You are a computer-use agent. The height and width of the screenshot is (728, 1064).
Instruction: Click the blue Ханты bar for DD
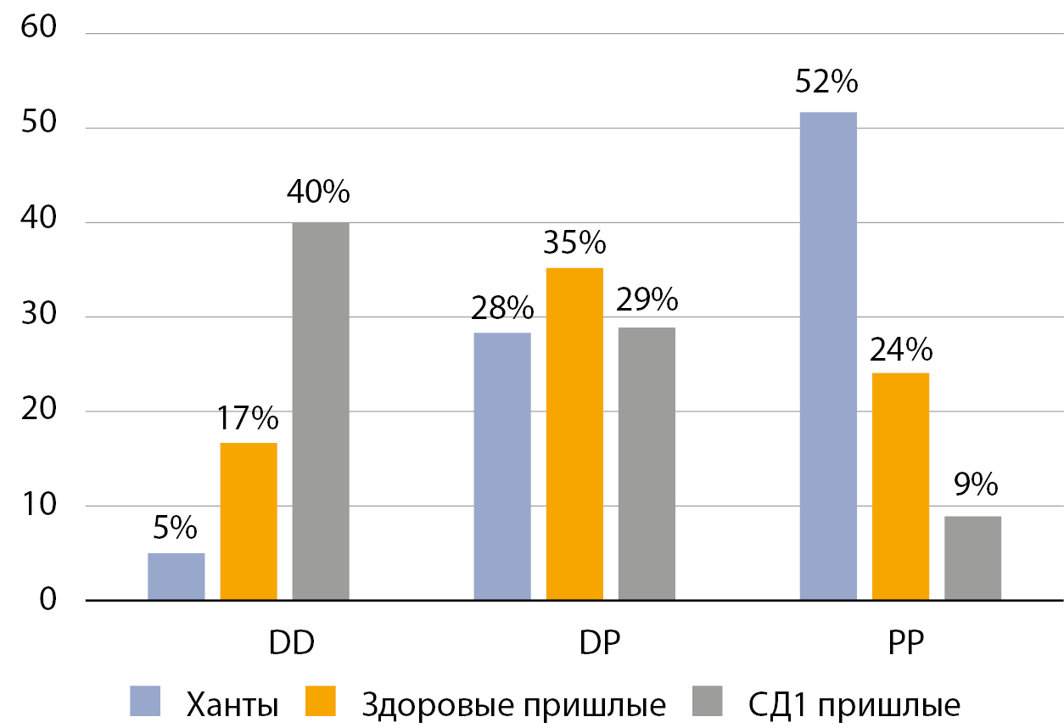point(176,577)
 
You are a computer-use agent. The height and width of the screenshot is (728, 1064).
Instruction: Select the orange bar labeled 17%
point(249,522)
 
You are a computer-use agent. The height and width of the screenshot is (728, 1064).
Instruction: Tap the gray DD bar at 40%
point(321,412)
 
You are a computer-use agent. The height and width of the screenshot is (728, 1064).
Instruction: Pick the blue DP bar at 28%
point(502,467)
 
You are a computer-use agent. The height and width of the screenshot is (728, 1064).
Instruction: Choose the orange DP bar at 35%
point(574,434)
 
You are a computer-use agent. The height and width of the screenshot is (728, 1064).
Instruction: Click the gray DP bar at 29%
point(647,464)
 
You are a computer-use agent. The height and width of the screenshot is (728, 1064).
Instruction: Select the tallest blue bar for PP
point(828,356)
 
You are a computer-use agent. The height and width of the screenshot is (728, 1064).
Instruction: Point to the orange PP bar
point(900,487)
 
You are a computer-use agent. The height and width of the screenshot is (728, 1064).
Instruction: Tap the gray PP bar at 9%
point(972,558)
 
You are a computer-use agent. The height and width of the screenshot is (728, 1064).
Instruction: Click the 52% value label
point(827,83)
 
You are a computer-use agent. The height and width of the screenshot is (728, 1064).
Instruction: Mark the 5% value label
point(176,529)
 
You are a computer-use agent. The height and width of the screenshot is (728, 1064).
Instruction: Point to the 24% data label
point(900,349)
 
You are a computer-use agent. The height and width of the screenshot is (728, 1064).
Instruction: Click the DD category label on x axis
point(292,642)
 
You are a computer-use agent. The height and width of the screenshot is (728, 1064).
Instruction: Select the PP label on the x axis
point(900,642)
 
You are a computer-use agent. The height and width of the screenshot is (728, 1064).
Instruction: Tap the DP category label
point(600,642)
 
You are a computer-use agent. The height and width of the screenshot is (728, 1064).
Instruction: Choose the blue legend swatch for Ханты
point(145,702)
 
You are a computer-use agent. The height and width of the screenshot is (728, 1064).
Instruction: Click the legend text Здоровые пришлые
point(513,705)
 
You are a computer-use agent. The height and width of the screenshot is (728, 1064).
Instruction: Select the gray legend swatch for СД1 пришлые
point(708,702)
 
